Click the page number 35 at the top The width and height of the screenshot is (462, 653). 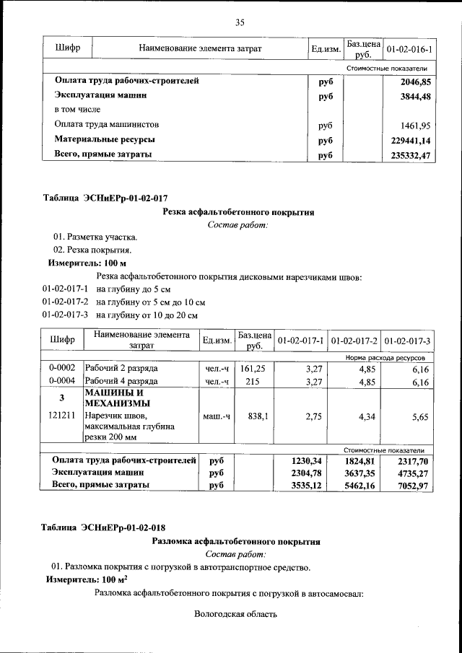tap(240, 22)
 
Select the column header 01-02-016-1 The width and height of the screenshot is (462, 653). tap(409, 49)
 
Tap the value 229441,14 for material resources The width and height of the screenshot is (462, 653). tap(411, 140)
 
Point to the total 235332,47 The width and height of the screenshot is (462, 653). tap(411, 154)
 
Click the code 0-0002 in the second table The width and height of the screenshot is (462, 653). tap(62, 368)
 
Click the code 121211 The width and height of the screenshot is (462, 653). tap(62, 416)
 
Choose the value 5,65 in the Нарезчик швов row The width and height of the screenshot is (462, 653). tap(420, 416)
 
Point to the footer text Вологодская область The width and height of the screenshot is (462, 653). tap(235, 615)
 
